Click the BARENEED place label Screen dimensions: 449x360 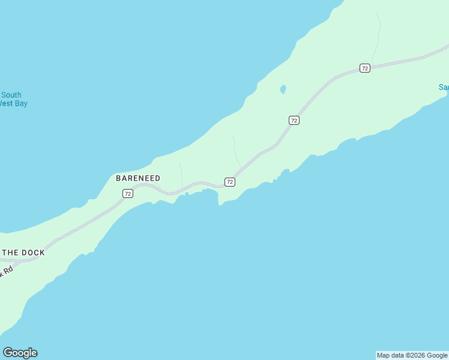pyautogui.click(x=138, y=178)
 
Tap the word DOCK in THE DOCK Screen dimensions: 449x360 pyautogui.click(x=33, y=253)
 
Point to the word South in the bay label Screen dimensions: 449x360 pyautogui.click(x=11, y=95)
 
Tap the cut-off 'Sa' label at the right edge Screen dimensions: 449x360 pyautogui.click(x=444, y=87)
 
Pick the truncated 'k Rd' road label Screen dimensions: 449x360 pyautogui.click(x=6, y=272)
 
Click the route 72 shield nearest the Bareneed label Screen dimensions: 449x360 pyautogui.click(x=127, y=193)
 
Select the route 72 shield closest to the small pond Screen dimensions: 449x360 pyautogui.click(x=294, y=120)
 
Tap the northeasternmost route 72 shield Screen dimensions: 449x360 pyautogui.click(x=365, y=68)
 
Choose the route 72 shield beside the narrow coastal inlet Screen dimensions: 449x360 pyautogui.click(x=229, y=181)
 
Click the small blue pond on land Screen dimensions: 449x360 pyautogui.click(x=282, y=90)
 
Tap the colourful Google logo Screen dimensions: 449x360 pyautogui.click(x=20, y=353)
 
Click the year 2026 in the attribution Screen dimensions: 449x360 pyautogui.click(x=417, y=356)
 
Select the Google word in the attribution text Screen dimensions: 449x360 pyautogui.click(x=438, y=356)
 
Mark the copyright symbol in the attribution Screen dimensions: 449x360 pyautogui.click(x=407, y=356)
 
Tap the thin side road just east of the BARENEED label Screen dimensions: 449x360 pyautogui.click(x=181, y=174)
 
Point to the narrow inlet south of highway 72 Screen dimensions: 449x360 pyautogui.click(x=219, y=198)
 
